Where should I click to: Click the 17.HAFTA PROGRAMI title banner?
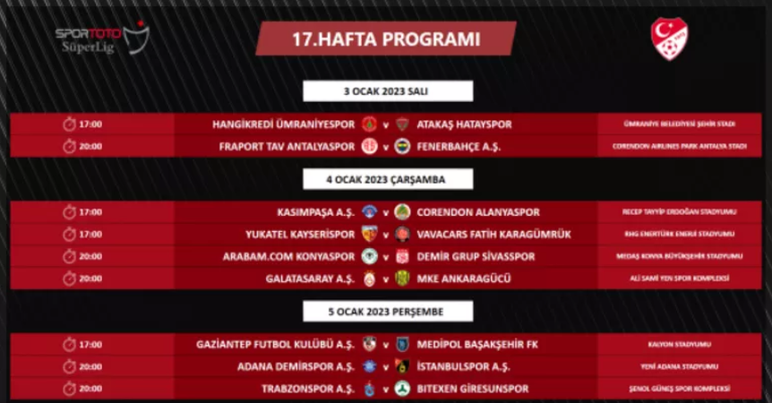[386, 39]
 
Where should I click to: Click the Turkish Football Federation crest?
[669, 39]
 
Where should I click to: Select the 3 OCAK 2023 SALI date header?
[386, 91]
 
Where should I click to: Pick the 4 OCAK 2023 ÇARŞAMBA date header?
[386, 179]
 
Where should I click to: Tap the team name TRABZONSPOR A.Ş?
[310, 389]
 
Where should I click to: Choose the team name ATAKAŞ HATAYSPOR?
[464, 124]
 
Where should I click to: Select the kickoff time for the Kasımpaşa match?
[90, 212]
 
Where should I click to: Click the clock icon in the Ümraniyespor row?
[69, 124]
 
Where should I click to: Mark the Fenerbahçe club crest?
[402, 146]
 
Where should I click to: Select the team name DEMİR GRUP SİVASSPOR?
[476, 256]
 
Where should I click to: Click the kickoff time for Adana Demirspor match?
[90, 366]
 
